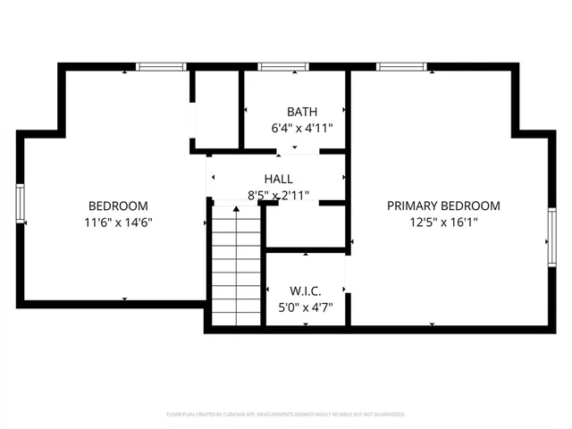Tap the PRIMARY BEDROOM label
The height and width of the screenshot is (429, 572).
[x=443, y=206]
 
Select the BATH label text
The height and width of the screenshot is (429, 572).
[x=302, y=112]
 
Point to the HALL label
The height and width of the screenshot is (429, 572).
[x=278, y=179]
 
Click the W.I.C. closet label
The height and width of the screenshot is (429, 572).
[x=305, y=291]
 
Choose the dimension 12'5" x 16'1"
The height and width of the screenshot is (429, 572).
[x=443, y=223]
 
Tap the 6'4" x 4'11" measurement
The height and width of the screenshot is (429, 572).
[x=302, y=128]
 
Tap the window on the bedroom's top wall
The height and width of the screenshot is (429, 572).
[x=161, y=66]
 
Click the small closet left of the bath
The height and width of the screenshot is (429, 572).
[x=216, y=109]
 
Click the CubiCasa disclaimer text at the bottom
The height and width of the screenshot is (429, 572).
[x=286, y=415]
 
